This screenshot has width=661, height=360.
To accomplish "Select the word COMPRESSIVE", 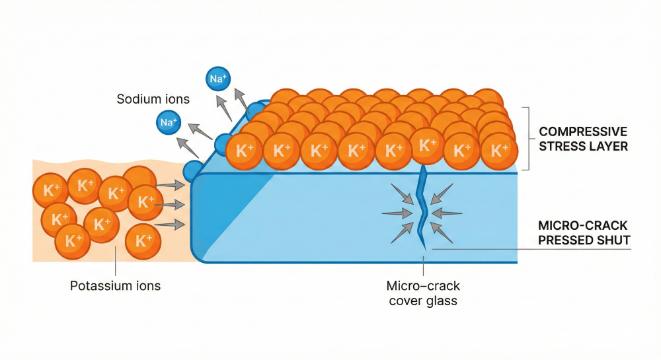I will pos(583,131).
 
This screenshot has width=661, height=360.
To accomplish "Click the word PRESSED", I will pos(564,240).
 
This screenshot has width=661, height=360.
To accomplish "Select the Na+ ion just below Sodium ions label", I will pos(169,122).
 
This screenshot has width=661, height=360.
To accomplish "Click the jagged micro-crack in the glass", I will pos(422,205).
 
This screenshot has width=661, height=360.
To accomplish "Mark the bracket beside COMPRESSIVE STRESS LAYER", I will pos(528,138).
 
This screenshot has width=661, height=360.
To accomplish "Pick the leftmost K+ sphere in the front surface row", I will pos(244,151).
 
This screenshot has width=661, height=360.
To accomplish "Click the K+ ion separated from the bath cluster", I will pos(143,241).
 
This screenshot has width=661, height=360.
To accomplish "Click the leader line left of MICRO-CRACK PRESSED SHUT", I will pos(529,249).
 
